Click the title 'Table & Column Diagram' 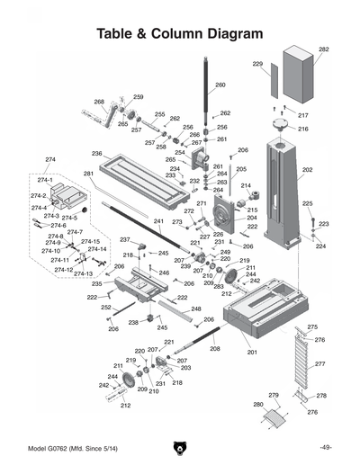(180, 33)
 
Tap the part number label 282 (323, 49)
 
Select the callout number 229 (257, 65)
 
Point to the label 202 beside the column (307, 169)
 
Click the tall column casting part (283, 193)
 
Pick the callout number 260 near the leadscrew (220, 85)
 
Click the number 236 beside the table (96, 154)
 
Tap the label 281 (88, 174)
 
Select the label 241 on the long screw (158, 221)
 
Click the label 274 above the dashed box (49, 159)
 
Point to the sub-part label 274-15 (90, 241)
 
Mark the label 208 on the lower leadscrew (214, 348)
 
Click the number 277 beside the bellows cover (319, 364)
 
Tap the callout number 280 (258, 405)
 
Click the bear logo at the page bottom (180, 447)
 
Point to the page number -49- (325, 447)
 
